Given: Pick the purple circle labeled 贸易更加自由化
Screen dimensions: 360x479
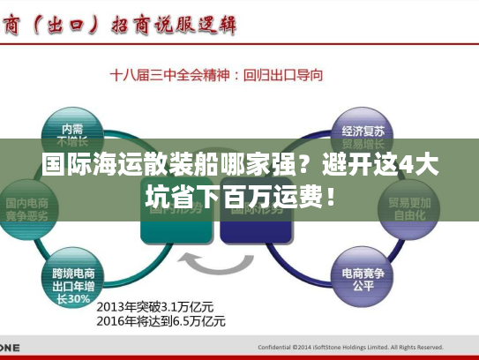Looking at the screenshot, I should coord(409,208).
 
